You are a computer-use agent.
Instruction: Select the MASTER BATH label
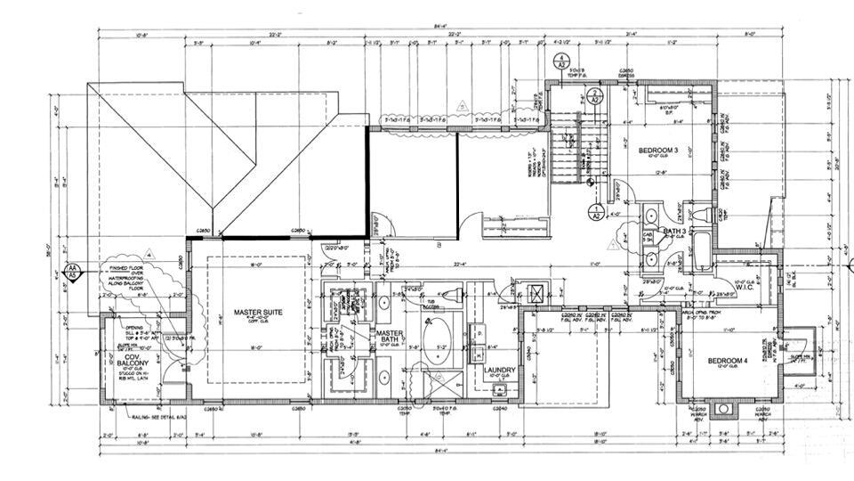click(x=390, y=338)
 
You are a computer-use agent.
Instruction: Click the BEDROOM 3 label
click(x=659, y=151)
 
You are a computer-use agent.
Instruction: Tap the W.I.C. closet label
click(x=745, y=286)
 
